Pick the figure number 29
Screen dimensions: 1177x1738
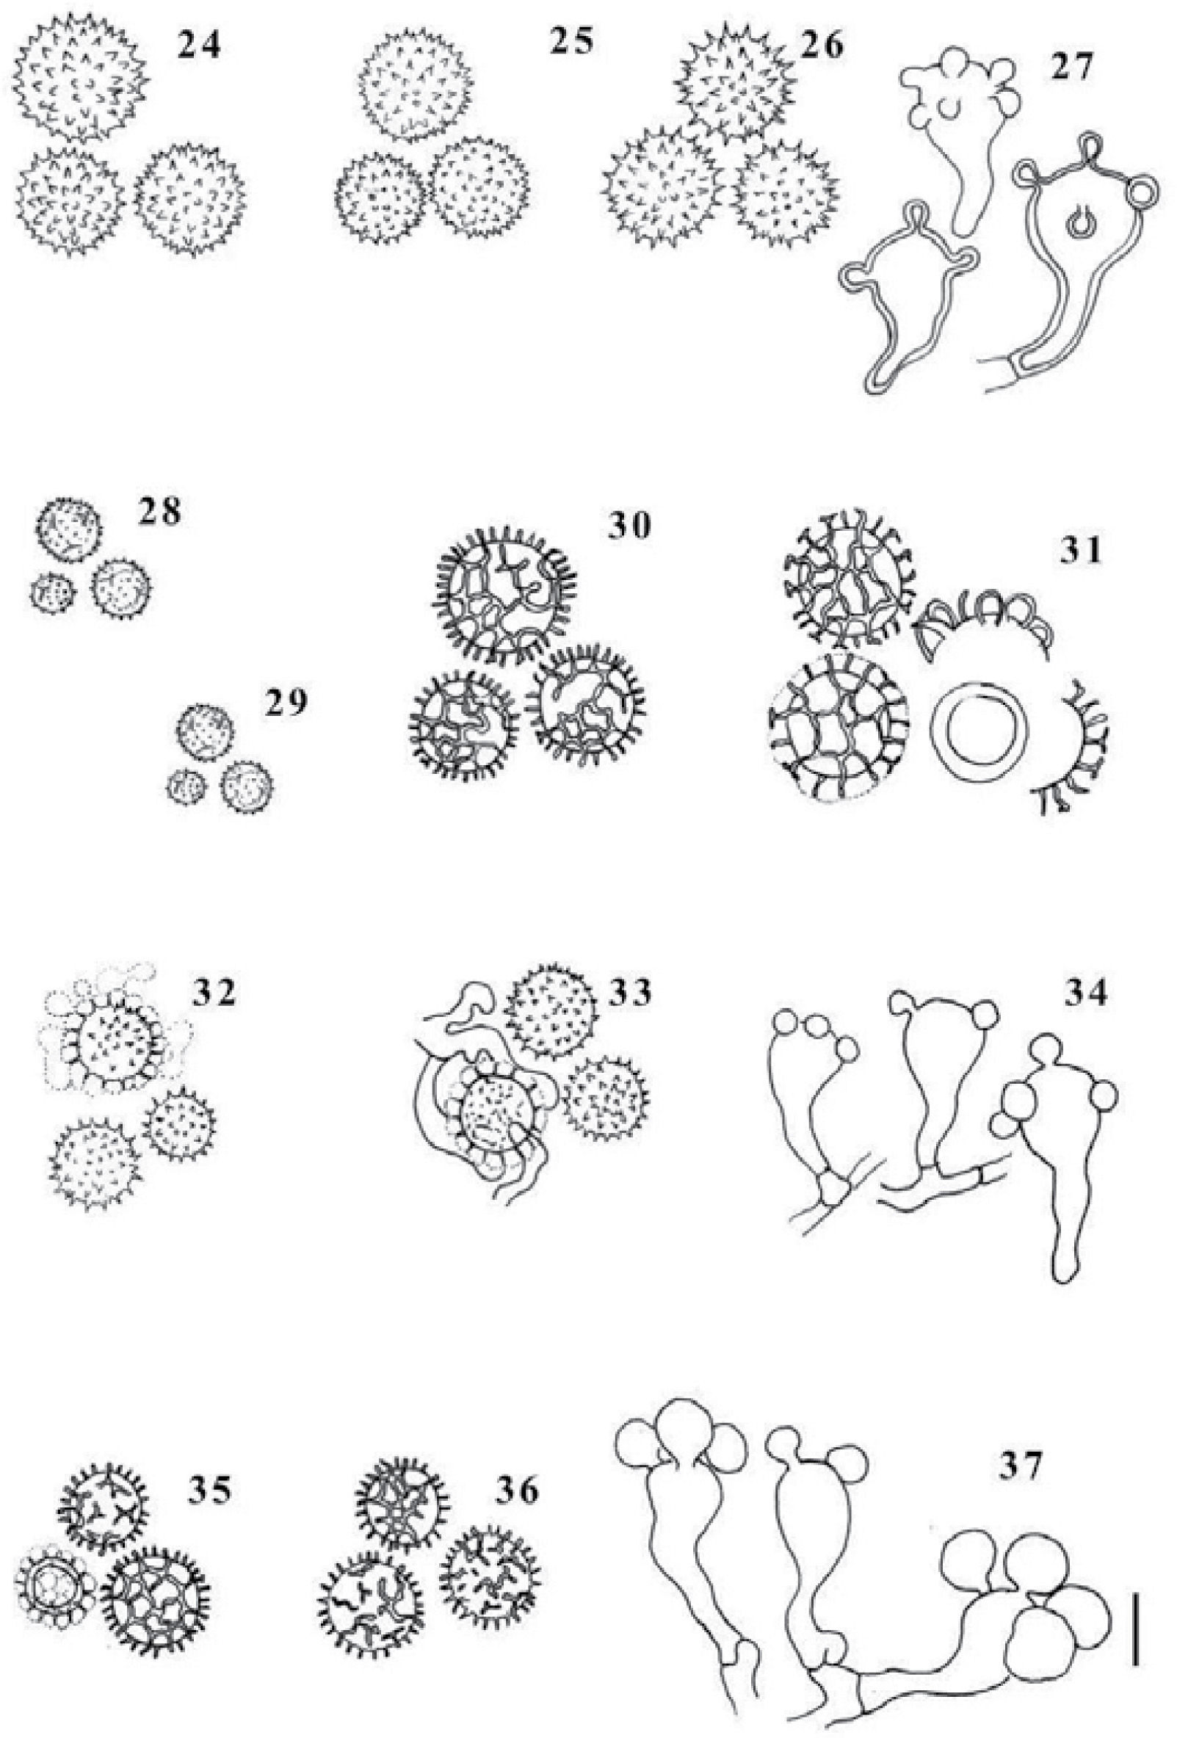coord(284,703)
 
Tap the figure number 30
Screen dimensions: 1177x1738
coord(628,529)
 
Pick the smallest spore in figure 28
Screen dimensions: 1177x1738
coord(54,593)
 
